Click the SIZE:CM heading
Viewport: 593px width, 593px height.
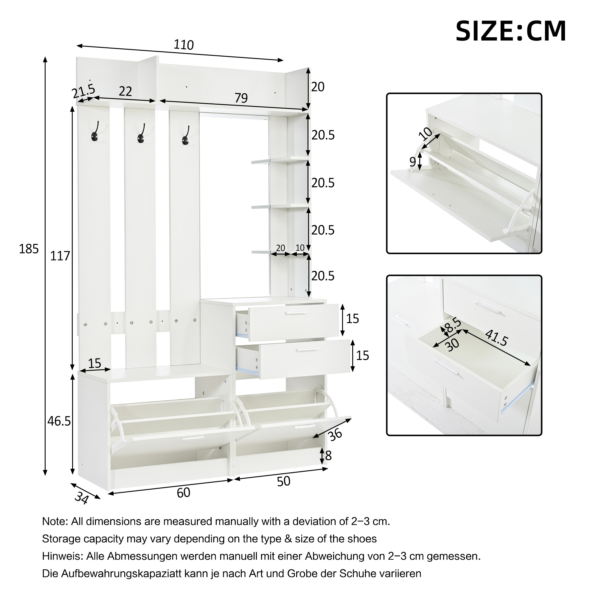click(511, 31)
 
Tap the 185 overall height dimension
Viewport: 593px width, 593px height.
click(29, 249)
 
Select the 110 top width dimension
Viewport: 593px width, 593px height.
click(184, 45)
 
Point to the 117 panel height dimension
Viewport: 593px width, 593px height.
click(60, 256)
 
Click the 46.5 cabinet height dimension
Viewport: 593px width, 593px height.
click(59, 421)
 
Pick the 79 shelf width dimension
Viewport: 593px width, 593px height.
click(241, 98)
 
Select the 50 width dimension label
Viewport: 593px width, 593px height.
click(284, 482)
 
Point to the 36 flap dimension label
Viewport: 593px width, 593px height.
click(335, 435)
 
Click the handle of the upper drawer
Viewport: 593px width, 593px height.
click(296, 313)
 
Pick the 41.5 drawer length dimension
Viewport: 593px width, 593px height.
click(496, 338)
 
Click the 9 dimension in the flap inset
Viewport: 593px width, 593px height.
click(413, 162)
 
